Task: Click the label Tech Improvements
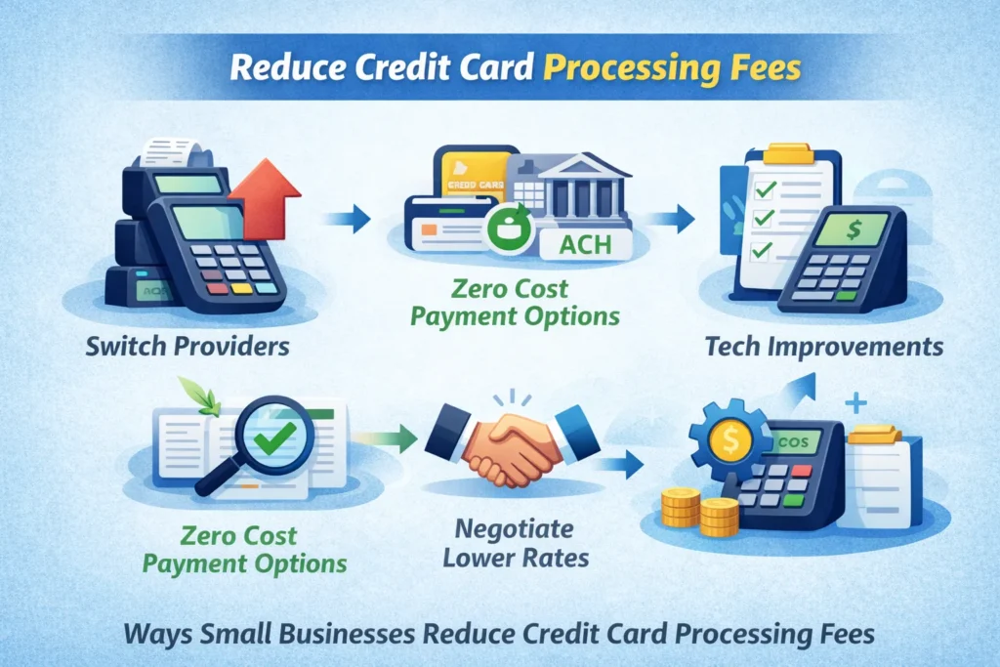pos(823,346)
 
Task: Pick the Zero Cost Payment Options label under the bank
pos(516,303)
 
